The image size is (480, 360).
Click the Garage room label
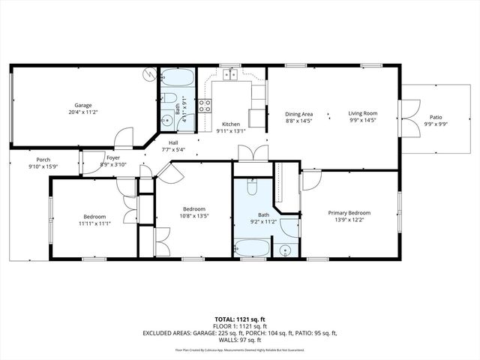pos(82,105)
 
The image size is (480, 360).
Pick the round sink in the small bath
pos(166,118)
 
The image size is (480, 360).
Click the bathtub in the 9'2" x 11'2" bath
pos(250,249)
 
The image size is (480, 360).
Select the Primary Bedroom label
pos(349,212)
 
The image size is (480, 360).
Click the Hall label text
pos(173,142)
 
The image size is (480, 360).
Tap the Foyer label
pos(112,157)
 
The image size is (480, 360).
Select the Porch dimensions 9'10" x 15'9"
pos(43,166)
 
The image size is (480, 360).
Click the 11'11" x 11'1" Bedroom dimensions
pos(94,223)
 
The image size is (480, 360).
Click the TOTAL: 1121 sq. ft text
pos(240,319)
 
